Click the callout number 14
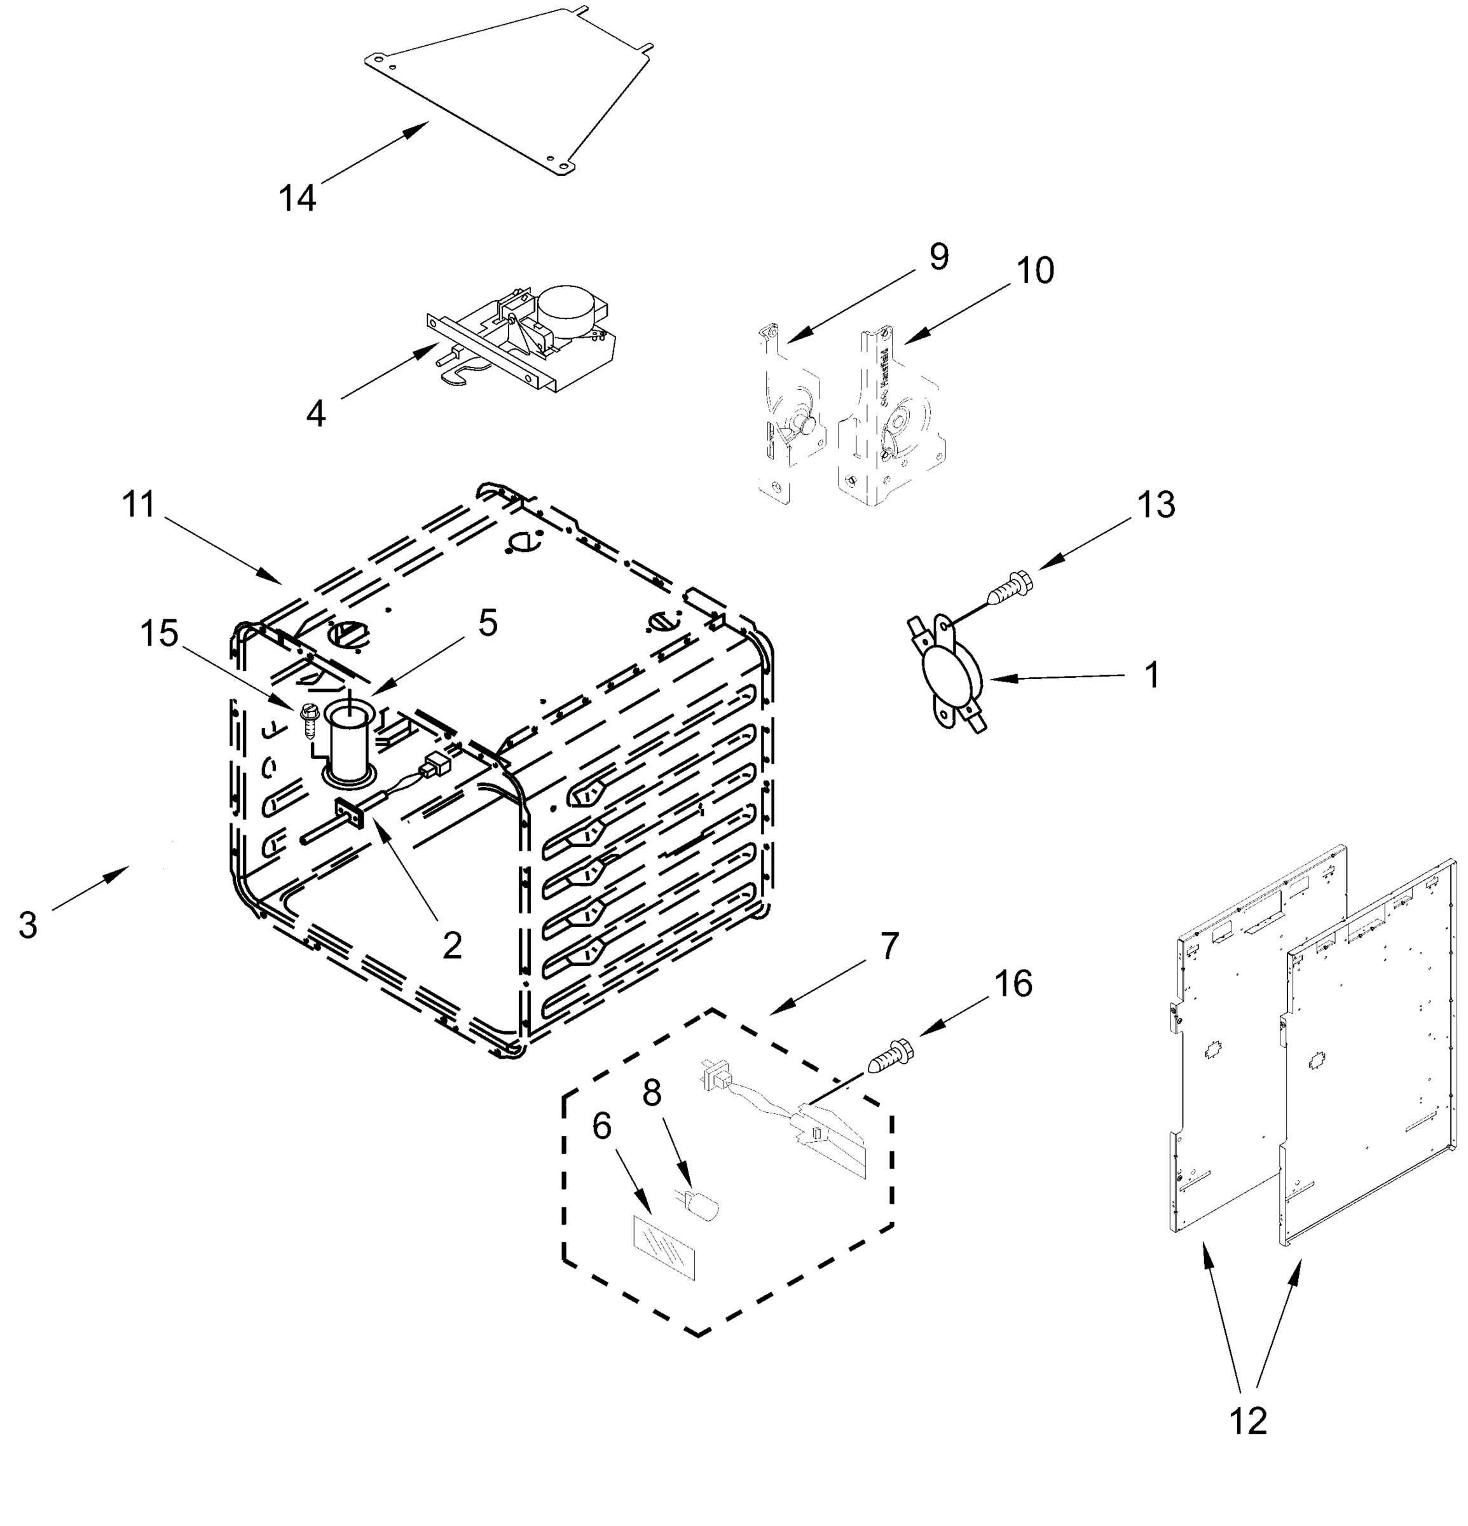click(298, 198)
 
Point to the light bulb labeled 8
click(700, 1206)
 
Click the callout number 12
click(1248, 1421)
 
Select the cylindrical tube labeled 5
click(348, 739)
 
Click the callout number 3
click(28, 926)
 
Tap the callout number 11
click(139, 504)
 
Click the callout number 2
click(451, 945)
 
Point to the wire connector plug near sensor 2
click(434, 766)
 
